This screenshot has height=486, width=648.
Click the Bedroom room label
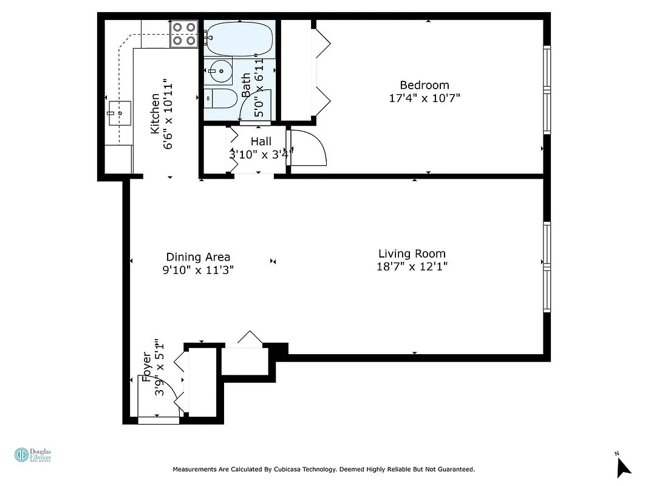(424, 85)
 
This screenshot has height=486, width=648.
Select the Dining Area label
(198, 257)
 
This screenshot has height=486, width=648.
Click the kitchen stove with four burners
(185, 34)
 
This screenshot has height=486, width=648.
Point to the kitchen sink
(120, 112)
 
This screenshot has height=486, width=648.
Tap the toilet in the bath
(219, 98)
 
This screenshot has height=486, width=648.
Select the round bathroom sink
(219, 71)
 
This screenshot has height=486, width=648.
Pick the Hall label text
(261, 142)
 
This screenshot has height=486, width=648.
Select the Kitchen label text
(155, 114)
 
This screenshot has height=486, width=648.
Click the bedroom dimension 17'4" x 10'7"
(424, 98)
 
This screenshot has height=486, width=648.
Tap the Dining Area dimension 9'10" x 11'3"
(198, 270)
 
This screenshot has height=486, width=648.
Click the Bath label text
(247, 86)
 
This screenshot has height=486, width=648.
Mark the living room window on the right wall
(547, 267)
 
